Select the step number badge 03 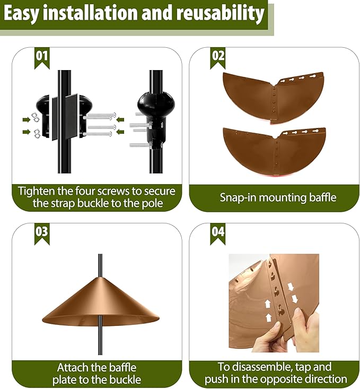pos(42,233)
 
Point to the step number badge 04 pos(218,233)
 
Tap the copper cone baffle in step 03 pos(100,308)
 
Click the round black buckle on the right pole pos(154,103)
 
